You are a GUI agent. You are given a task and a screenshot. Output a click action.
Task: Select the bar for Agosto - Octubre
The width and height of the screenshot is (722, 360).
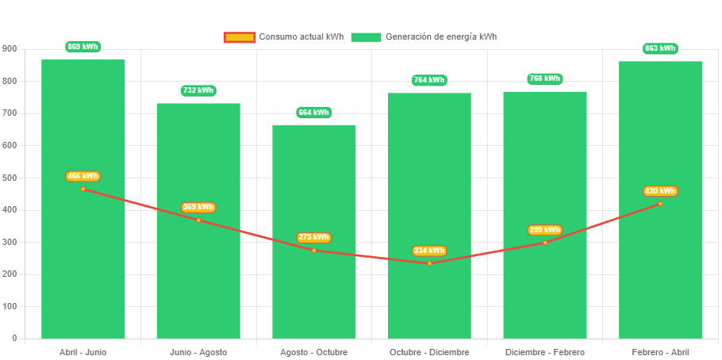click(314, 293)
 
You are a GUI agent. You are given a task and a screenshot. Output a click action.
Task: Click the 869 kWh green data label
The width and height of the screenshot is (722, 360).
click(83, 47)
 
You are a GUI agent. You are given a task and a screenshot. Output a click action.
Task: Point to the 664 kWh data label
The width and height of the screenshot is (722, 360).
click(314, 113)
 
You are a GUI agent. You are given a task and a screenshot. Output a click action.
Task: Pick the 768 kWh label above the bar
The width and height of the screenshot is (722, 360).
click(544, 79)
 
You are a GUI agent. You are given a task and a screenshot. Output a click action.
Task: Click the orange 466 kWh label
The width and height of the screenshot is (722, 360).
click(83, 176)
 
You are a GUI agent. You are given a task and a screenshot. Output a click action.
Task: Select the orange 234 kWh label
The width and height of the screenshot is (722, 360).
click(429, 251)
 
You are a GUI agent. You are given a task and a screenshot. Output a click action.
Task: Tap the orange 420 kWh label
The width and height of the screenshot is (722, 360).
click(660, 191)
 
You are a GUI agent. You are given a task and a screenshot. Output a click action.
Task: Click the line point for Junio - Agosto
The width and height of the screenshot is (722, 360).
click(198, 220)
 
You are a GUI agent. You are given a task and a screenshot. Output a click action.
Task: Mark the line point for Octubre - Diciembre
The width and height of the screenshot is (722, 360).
click(429, 263)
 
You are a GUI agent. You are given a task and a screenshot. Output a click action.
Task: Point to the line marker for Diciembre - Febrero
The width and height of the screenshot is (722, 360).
click(544, 243)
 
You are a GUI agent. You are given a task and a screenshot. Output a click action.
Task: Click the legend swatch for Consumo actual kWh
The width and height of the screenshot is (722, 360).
click(239, 37)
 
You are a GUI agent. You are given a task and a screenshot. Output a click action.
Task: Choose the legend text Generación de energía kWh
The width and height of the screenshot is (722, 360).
click(441, 37)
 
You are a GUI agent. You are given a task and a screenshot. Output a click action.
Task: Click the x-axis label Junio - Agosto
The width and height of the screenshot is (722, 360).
click(198, 352)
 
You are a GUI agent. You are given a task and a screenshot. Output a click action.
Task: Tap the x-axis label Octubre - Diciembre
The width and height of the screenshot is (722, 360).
click(429, 352)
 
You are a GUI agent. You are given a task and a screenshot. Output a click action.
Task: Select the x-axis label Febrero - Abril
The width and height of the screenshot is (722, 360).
click(660, 352)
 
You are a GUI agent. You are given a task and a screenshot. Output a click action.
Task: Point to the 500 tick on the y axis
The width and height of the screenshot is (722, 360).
click(10, 178)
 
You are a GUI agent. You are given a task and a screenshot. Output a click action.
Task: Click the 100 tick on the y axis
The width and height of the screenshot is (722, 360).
click(10, 306)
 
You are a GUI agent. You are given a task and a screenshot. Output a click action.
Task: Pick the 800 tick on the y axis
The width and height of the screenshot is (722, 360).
click(10, 81)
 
